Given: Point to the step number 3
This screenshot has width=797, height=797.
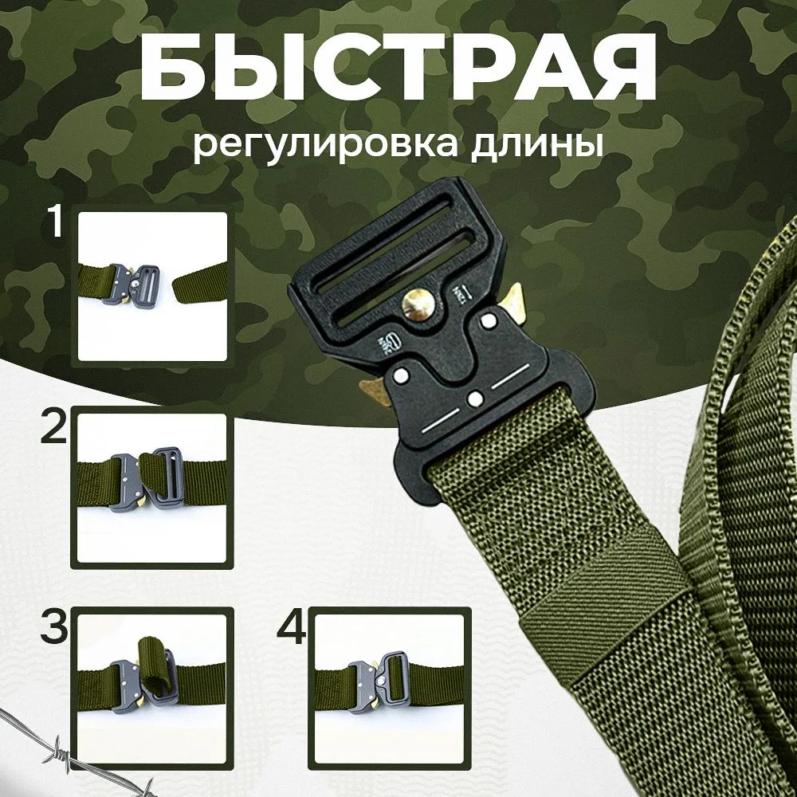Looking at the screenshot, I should point(54,629).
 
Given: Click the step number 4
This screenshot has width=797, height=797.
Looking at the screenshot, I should point(291,629).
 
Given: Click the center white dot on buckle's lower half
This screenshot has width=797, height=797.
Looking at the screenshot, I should point(476,398).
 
